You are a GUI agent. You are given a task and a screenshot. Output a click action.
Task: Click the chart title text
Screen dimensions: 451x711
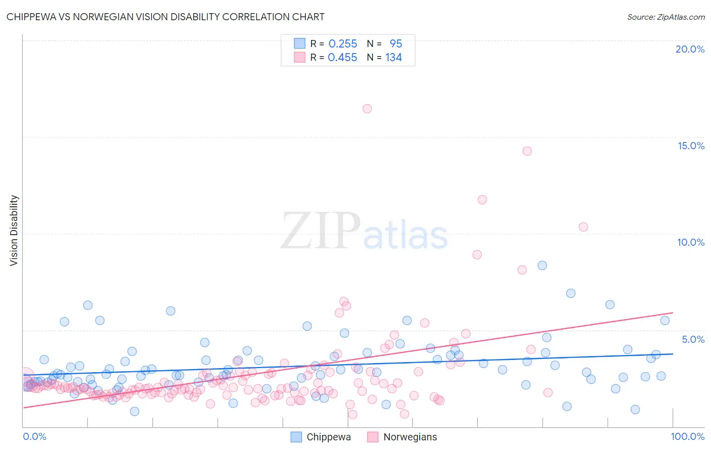(165, 17)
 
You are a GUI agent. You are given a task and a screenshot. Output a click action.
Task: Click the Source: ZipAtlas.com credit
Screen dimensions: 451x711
(665, 17)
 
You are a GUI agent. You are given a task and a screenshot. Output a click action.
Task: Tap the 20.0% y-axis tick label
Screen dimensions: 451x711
(690, 49)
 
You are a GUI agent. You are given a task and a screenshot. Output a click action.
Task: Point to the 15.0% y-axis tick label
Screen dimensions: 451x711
(691, 146)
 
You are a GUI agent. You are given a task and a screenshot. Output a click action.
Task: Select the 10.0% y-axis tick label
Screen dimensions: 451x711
(691, 242)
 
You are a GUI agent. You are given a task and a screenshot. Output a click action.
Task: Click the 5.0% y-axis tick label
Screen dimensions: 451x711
(693, 339)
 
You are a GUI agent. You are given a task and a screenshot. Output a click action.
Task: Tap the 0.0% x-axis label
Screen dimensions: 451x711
(34, 436)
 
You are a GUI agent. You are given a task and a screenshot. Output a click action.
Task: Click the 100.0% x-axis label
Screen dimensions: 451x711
(688, 436)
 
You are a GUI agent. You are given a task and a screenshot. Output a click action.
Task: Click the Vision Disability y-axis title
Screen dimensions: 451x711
(14, 231)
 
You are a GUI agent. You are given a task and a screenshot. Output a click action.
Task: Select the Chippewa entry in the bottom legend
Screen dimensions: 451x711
(328, 437)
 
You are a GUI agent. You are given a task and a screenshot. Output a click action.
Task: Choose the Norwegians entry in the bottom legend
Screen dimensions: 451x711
(410, 437)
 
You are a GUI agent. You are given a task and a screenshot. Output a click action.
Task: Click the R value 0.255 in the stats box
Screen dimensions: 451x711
(343, 44)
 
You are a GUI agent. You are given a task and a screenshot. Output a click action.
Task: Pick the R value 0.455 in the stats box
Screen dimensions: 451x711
(342, 58)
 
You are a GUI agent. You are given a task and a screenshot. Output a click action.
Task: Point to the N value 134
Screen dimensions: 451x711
(393, 58)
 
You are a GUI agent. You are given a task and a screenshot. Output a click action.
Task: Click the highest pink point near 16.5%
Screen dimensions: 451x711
(367, 109)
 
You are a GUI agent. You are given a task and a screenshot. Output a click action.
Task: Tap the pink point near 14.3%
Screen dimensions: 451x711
(527, 151)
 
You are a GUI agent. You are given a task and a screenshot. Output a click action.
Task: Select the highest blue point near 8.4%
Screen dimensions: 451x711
(542, 265)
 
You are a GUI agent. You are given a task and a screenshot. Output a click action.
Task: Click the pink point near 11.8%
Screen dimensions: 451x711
(482, 200)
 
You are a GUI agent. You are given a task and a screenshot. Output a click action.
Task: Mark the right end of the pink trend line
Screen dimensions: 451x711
(673, 313)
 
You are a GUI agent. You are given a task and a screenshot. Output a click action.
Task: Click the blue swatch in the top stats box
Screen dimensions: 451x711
(300, 44)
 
